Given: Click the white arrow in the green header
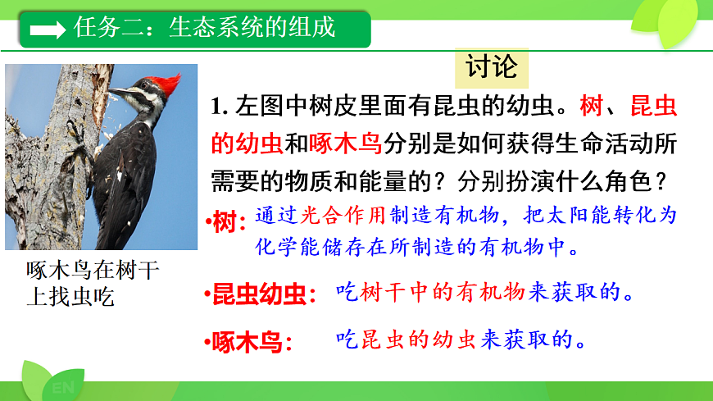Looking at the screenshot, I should [48, 30].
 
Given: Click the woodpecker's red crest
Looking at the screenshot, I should [168, 83].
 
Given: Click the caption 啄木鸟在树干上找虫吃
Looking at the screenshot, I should [93, 284].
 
